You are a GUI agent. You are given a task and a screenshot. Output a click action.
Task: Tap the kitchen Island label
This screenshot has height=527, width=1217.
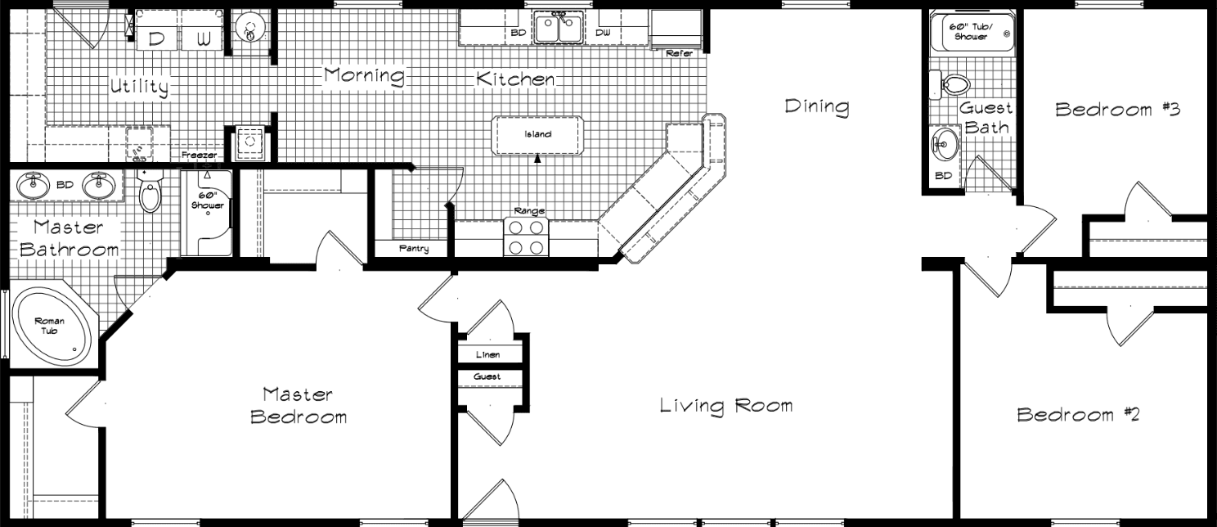point(537,134)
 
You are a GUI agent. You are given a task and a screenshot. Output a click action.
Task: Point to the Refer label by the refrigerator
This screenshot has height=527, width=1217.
point(679,53)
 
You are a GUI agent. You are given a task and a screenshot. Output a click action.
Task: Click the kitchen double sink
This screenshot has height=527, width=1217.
point(558,27)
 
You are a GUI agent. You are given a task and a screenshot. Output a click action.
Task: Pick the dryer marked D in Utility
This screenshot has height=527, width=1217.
point(156,38)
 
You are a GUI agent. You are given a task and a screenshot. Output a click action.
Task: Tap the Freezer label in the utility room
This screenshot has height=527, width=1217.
point(199,155)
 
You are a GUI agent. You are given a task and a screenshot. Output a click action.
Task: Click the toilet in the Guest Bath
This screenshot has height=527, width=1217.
point(950,84)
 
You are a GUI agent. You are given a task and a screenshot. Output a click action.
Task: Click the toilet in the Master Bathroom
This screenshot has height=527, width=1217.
point(150,194)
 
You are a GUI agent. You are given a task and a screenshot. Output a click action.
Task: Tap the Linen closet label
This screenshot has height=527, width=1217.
point(488,355)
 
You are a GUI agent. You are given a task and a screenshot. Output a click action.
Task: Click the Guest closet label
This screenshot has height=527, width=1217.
point(487,376)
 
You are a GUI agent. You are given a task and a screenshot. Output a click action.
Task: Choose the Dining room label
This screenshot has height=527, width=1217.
point(816,106)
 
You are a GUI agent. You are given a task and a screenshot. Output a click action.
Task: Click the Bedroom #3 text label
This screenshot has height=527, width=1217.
point(1117,110)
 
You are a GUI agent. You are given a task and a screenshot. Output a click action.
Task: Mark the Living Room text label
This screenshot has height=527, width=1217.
point(725,405)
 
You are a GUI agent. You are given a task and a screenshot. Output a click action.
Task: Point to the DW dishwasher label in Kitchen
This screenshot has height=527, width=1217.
point(603,33)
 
